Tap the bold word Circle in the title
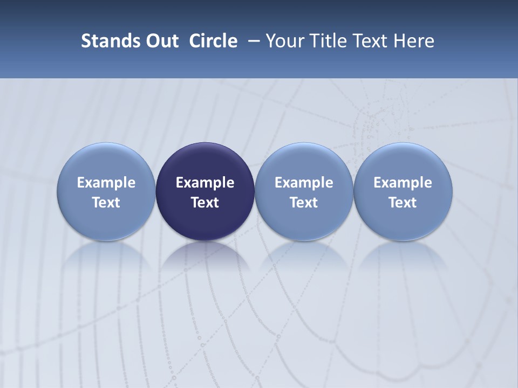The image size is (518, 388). click(x=213, y=41)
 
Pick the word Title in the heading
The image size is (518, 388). click(x=325, y=41)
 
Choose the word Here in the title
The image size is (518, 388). click(x=414, y=41)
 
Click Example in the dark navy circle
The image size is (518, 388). click(x=205, y=183)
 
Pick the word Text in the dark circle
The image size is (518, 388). click(x=205, y=203)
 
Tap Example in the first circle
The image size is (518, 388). click(x=106, y=183)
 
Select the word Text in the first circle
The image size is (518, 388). click(x=106, y=203)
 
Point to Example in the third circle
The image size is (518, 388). click(x=304, y=183)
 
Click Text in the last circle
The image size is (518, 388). click(x=403, y=203)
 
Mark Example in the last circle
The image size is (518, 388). click(x=403, y=183)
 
